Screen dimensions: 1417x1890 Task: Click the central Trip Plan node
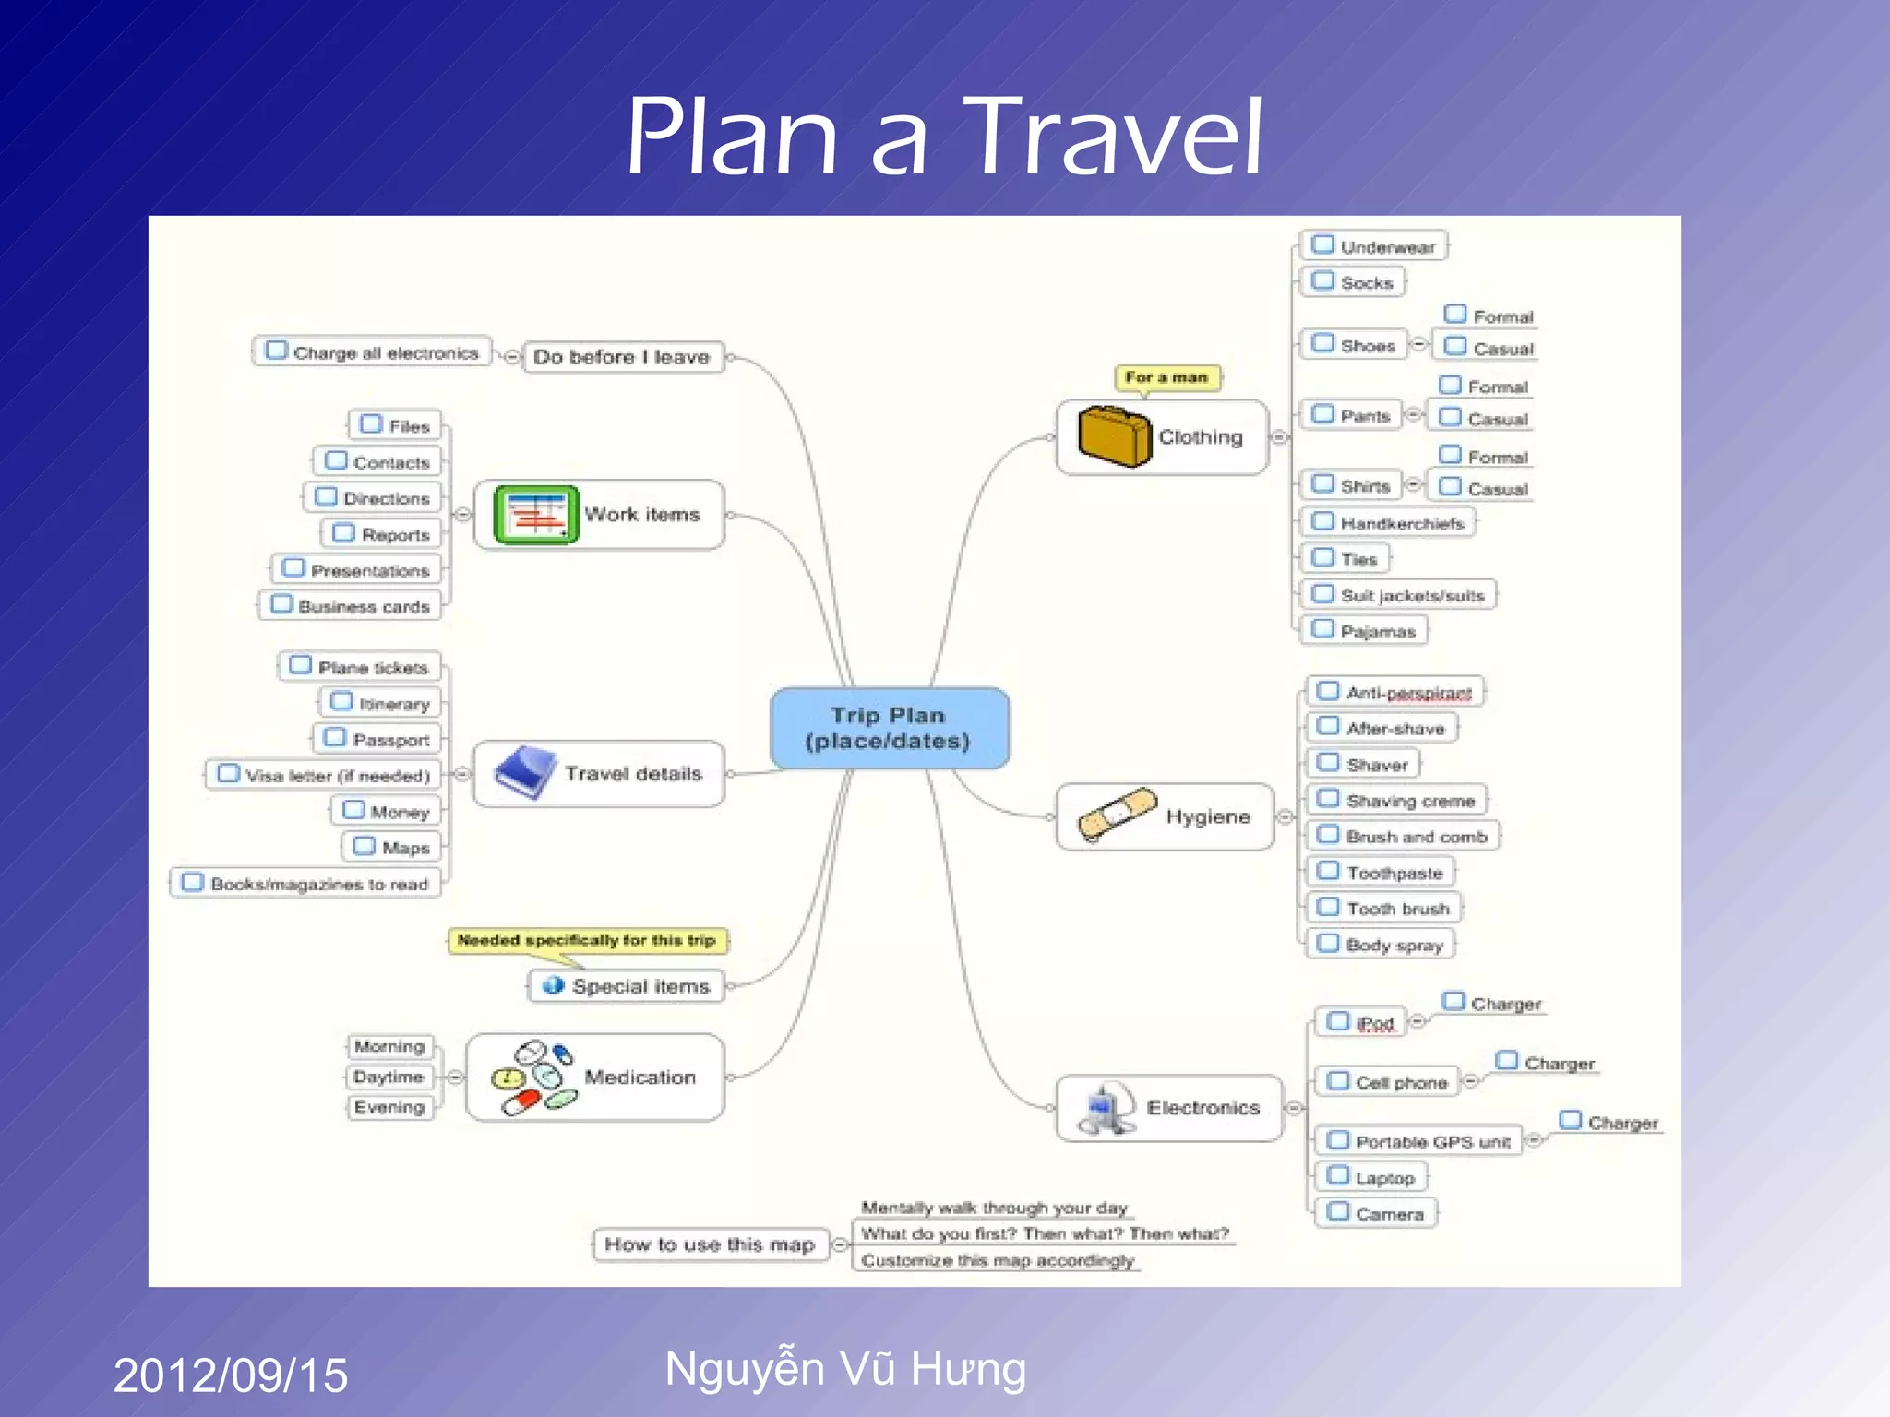pos(889,728)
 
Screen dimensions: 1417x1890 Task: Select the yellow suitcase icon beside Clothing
pos(1114,436)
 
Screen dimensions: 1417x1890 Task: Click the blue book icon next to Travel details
pos(525,772)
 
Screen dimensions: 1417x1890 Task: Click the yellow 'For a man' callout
pos(1166,377)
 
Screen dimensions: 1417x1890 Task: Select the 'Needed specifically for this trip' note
pos(587,940)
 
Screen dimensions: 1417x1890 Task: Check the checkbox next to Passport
pos(335,738)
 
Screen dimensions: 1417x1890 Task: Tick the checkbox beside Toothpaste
pos(1328,871)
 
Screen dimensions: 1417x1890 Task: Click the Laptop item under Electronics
pos(1383,1178)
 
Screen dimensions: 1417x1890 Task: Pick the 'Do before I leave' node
pos(621,357)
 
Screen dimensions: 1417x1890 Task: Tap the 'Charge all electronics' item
pos(385,352)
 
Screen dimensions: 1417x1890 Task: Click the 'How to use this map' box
pos(710,1244)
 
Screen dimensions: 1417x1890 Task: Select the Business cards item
pos(363,606)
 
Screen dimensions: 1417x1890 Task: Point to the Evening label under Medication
pos(389,1107)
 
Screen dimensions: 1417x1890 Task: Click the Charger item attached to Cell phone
pos(1559,1064)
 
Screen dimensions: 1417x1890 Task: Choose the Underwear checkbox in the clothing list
pos(1322,245)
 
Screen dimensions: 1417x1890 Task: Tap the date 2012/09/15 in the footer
pos(231,1375)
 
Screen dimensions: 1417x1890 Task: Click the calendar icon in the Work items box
pos(535,514)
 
